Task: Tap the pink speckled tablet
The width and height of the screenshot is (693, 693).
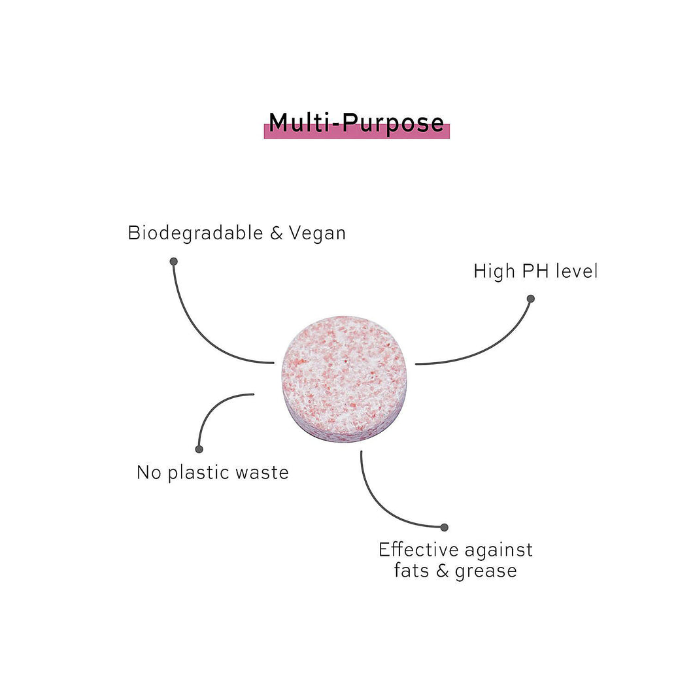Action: [344, 378]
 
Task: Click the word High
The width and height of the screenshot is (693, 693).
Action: [494, 271]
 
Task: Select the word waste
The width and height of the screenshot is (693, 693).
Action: [262, 473]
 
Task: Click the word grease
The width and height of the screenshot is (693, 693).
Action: [484, 571]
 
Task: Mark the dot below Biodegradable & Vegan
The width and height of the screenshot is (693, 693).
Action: [173, 261]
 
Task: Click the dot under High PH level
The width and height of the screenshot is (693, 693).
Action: [531, 299]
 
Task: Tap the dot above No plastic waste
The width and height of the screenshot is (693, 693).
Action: [199, 449]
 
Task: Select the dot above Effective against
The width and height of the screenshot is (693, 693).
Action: [445, 527]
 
